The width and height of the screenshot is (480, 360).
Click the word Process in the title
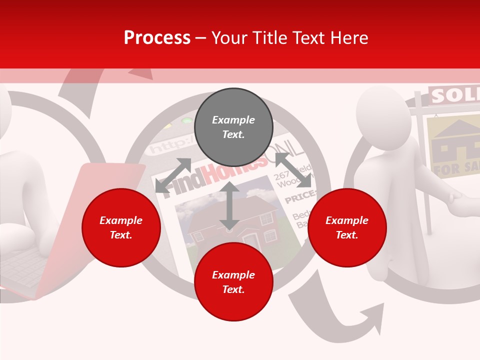[157, 38]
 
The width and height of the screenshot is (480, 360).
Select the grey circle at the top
[233, 127]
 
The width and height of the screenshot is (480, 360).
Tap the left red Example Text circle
[121, 227]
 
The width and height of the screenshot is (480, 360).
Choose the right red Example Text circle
[347, 227]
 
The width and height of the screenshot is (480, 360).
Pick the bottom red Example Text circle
[233, 282]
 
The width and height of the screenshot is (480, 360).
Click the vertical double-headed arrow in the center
[229, 205]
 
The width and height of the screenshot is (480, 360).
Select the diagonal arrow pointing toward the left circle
[173, 175]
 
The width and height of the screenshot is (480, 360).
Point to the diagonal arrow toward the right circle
[293, 170]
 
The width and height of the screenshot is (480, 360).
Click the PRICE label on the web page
[298, 199]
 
